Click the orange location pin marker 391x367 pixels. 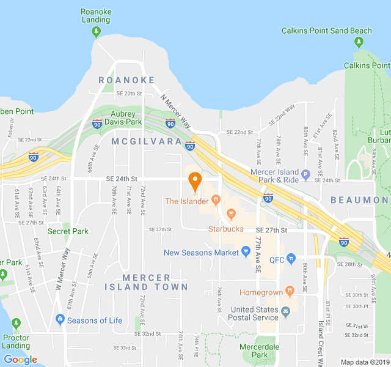point(195,182)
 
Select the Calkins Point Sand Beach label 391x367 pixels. point(327,31)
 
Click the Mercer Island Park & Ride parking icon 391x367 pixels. point(306,172)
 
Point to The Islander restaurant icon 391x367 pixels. point(215,200)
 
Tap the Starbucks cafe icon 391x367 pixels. point(231,213)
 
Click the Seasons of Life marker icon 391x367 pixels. point(60,319)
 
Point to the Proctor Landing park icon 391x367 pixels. point(16,323)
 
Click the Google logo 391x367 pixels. point(20,360)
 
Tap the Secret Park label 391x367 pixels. point(68,231)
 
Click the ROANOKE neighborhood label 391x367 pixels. point(126,80)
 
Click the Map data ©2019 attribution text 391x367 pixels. point(364,362)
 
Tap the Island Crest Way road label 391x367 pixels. point(321,343)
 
